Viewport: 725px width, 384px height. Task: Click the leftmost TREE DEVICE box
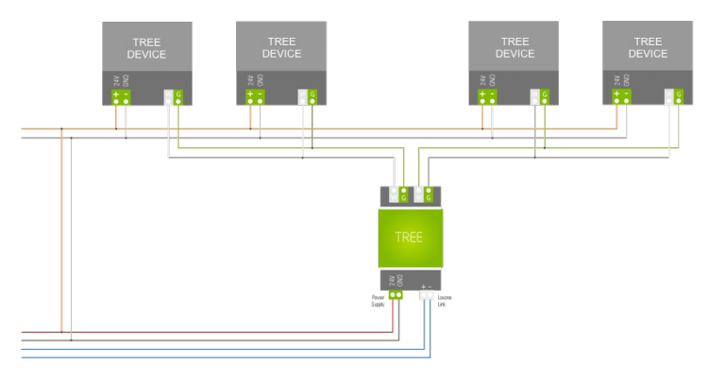146,48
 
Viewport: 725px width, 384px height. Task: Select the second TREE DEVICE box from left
281,48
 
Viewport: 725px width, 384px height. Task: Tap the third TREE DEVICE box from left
514,48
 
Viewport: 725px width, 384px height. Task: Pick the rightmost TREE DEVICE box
648,48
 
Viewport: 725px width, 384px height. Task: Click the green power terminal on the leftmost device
121,96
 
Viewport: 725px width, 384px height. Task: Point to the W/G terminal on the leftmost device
174,96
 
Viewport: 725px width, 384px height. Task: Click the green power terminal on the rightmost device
621,96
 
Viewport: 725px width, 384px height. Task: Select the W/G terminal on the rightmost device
674,96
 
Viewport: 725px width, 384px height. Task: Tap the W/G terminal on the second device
308,96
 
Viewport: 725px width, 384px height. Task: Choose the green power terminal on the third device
487,96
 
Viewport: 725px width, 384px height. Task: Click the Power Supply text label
378,301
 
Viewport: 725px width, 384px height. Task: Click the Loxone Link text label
445,301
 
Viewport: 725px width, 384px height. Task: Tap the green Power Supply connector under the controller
396,294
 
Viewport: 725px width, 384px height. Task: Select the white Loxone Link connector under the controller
427,294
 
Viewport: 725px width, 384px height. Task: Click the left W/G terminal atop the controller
398,195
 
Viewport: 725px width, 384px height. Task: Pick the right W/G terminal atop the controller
424,195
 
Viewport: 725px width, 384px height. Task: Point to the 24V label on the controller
391,280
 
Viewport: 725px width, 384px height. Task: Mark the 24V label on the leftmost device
116,81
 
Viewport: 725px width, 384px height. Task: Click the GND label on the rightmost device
626,81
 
